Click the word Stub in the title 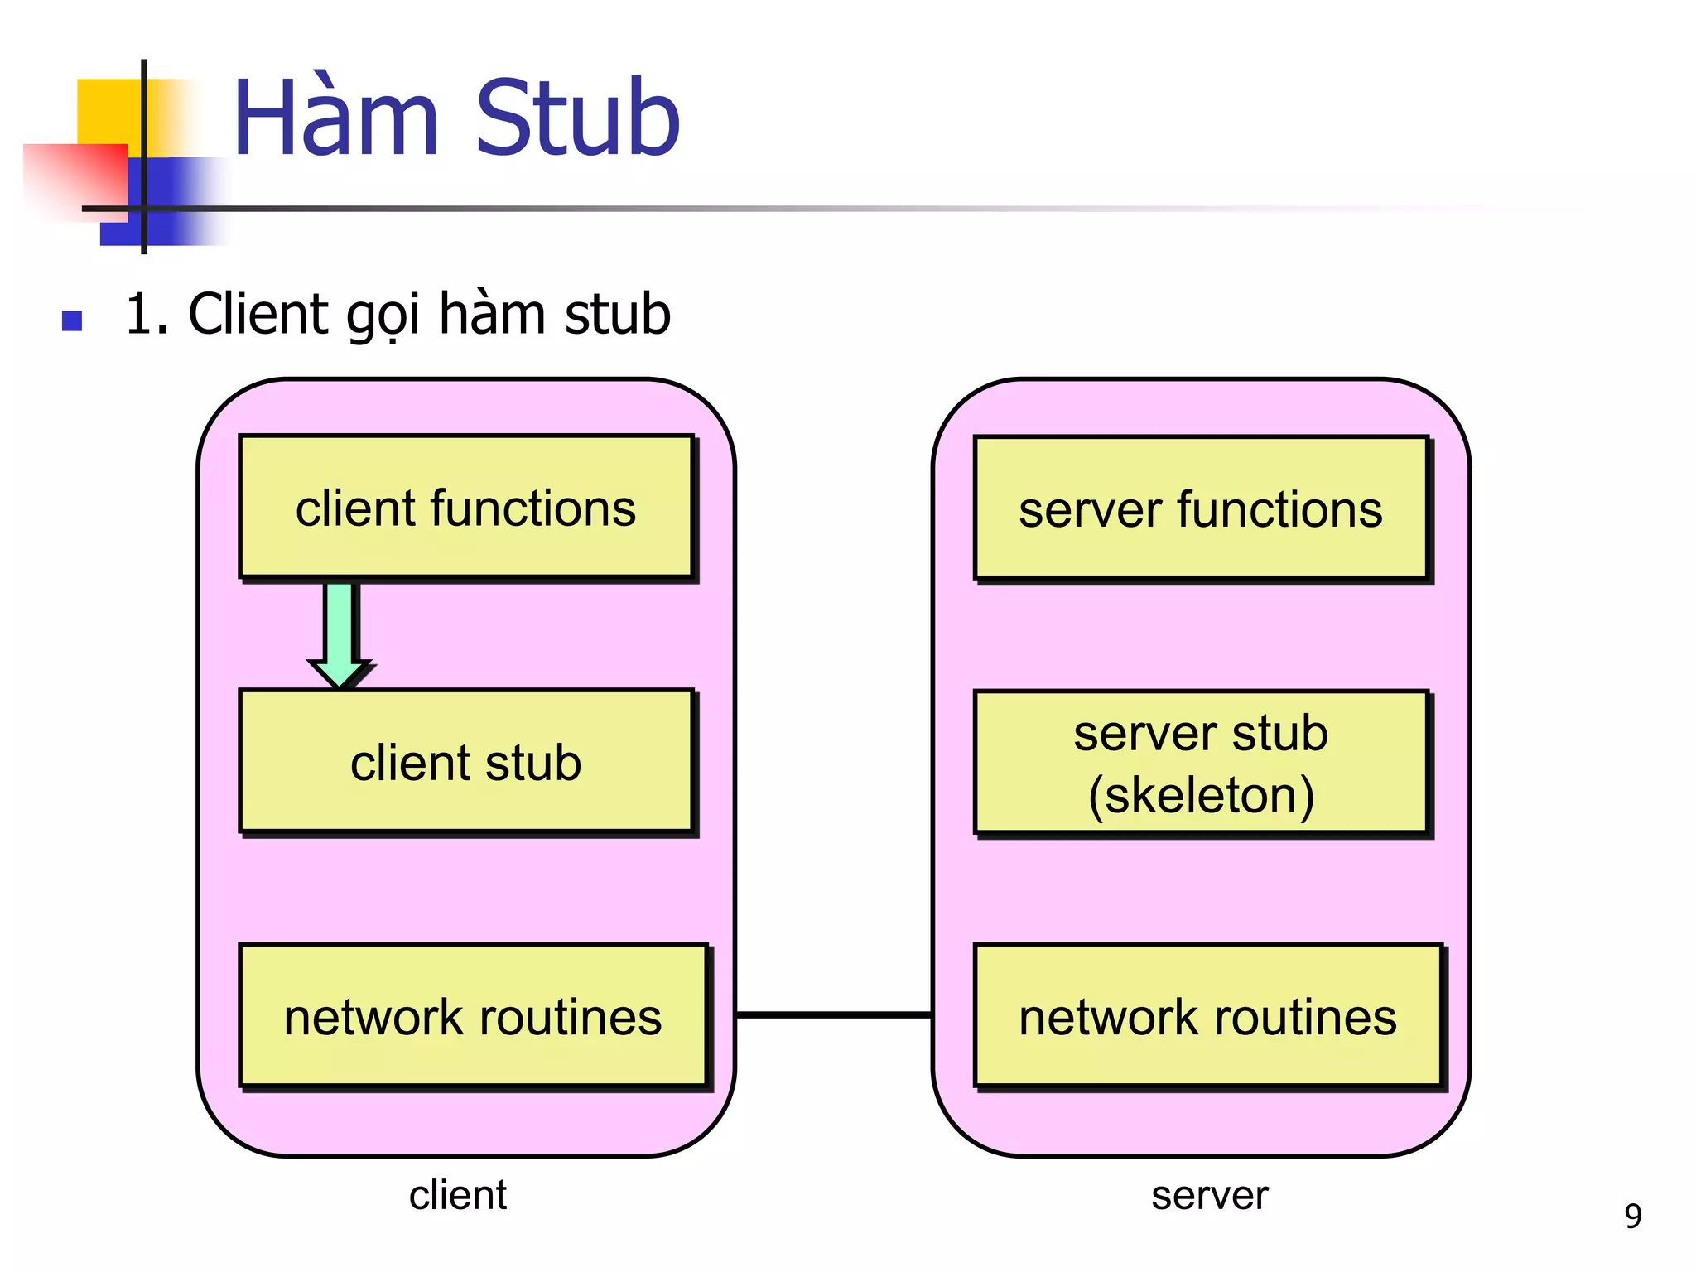(577, 118)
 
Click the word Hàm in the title (335, 118)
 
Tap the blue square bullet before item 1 (72, 320)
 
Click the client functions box (465, 507)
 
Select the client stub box (465, 762)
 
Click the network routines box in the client (473, 1016)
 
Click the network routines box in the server (1207, 1016)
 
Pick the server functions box (1200, 508)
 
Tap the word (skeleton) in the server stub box (1201, 795)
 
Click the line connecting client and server (833, 1014)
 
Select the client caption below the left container (457, 1195)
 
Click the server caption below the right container (1209, 1195)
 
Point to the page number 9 (1632, 1216)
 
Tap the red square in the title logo (79, 178)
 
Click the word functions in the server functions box (1279, 508)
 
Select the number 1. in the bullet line (147, 315)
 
